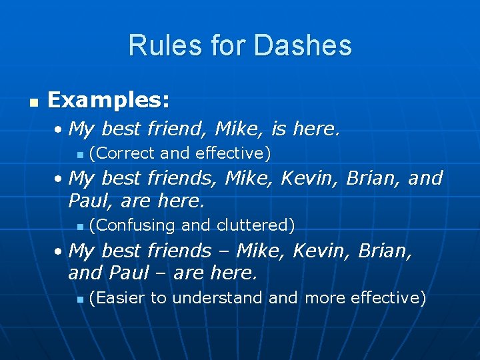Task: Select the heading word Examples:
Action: (109, 101)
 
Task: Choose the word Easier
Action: (119, 297)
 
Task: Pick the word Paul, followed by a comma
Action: (90, 200)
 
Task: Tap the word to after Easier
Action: (158, 297)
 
